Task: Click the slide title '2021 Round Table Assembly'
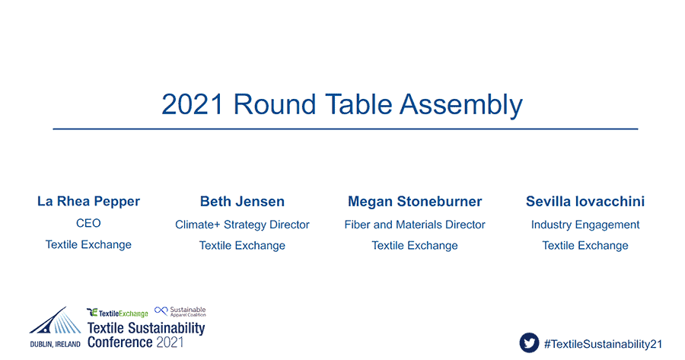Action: click(x=342, y=105)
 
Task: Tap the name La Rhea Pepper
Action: click(x=89, y=202)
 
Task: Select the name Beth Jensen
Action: click(x=242, y=202)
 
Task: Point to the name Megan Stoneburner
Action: click(x=415, y=202)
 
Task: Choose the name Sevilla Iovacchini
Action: click(x=585, y=202)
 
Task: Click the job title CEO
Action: click(x=88, y=223)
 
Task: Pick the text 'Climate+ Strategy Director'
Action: click(x=242, y=225)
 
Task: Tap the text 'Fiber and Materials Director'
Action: click(x=415, y=225)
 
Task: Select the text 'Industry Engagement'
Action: click(x=585, y=225)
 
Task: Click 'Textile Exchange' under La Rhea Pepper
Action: click(x=88, y=244)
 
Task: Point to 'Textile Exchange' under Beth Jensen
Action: click(x=242, y=246)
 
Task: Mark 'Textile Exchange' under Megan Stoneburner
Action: click(x=415, y=246)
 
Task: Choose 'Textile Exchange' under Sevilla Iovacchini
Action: click(x=585, y=246)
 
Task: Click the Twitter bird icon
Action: click(x=529, y=342)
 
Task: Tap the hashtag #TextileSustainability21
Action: click(x=603, y=344)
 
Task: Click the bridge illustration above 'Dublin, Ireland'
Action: click(x=56, y=322)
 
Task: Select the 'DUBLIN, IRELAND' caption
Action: click(x=55, y=344)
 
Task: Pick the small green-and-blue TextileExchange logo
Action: click(x=117, y=313)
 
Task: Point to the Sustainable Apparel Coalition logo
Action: click(x=180, y=311)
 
